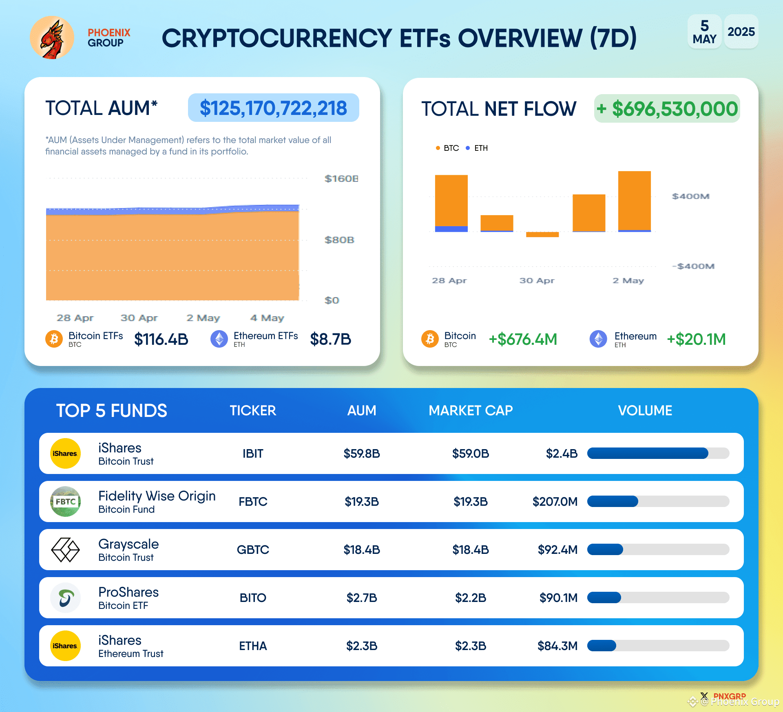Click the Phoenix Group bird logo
[52, 37]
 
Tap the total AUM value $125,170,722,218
[273, 108]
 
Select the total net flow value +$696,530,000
[667, 109]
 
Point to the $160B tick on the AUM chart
[341, 179]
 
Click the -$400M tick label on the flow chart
[693, 266]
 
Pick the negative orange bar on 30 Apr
[542, 234]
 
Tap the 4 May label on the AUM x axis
[267, 318]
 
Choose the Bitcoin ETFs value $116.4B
[161, 339]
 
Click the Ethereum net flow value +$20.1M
[696, 339]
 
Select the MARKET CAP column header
[471, 410]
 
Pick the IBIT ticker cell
[253, 454]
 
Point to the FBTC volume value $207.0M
[555, 502]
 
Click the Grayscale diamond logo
[65, 550]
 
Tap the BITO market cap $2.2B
[471, 598]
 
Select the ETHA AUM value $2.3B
[362, 646]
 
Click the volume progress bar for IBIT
[658, 453]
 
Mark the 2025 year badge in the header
[741, 32]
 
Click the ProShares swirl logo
[65, 598]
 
